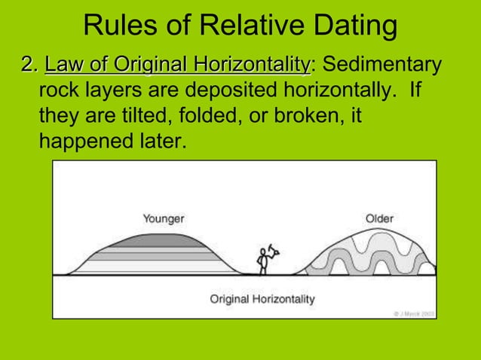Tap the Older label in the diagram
(379, 218)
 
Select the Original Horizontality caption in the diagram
(262, 299)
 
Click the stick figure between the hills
(264, 258)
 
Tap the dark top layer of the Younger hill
(162, 240)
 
